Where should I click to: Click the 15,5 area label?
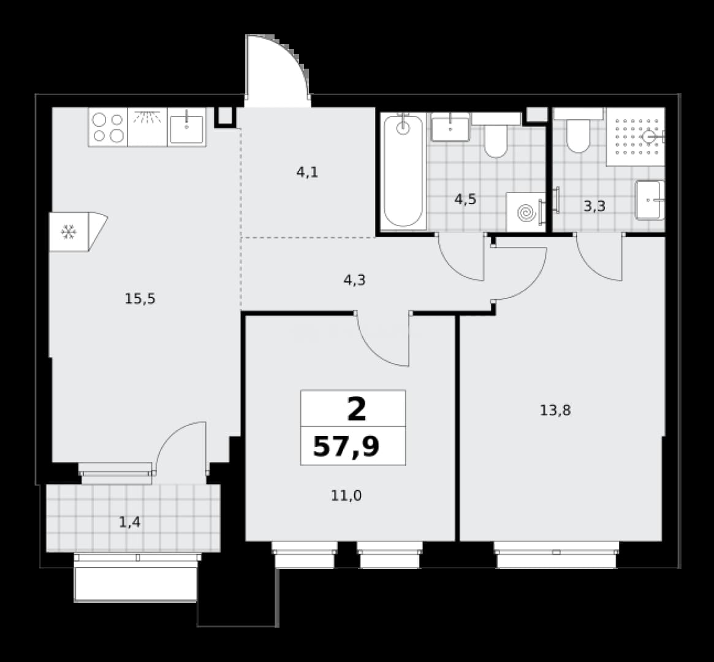[140, 299]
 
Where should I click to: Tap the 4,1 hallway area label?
[308, 173]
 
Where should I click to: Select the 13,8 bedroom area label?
[555, 411]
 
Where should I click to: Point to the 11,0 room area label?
[346, 495]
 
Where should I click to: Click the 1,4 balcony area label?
[130, 522]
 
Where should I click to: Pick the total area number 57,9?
[346, 447]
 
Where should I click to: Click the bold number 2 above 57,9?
[357, 409]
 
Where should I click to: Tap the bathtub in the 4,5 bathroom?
[403, 172]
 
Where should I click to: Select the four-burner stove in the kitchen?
[108, 127]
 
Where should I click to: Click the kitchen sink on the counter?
[187, 127]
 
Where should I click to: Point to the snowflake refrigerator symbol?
[69, 232]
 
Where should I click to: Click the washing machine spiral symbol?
[526, 212]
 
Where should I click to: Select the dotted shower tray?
[636, 137]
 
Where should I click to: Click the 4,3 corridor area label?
[354, 280]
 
